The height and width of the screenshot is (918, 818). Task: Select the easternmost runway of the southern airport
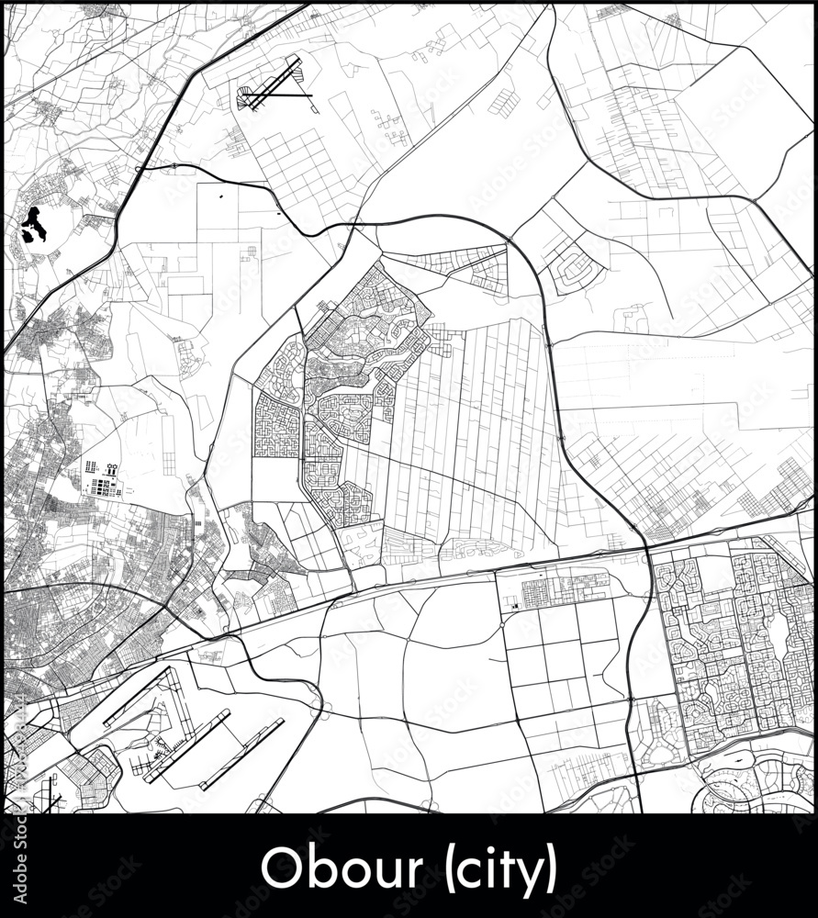tap(242, 754)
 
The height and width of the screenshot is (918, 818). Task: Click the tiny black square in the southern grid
tap(515, 605)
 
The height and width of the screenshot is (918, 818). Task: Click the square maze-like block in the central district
tap(276, 426)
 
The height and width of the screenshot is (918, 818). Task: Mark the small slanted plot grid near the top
tap(503, 102)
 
